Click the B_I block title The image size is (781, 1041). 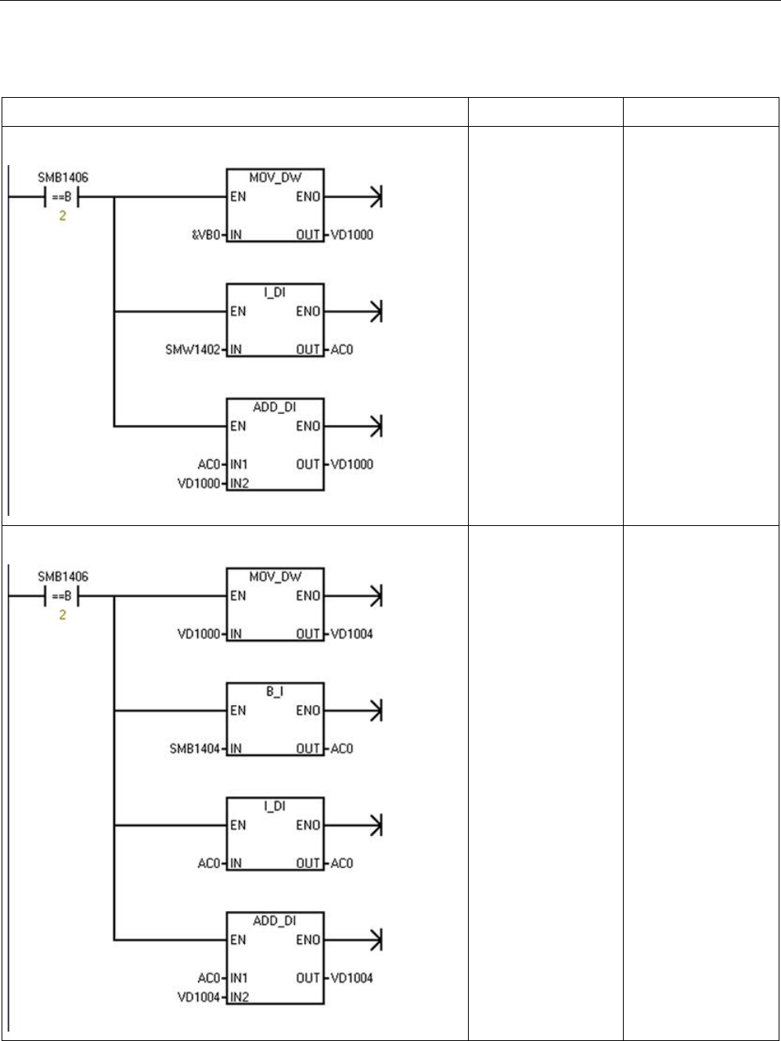tap(274, 693)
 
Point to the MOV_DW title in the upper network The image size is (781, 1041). tap(274, 178)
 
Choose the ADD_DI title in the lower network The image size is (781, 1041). tap(274, 921)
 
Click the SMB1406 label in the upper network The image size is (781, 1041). tap(63, 178)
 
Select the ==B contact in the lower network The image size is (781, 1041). tap(62, 596)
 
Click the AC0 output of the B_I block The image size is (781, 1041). tap(342, 748)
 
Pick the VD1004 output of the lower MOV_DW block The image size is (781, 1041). tap(351, 634)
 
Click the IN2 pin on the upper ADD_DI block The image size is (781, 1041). tap(239, 483)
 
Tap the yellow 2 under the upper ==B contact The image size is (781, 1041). tap(62, 215)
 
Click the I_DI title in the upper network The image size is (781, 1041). tap(274, 293)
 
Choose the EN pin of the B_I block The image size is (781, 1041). tap(237, 711)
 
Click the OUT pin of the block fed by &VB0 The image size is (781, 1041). tap(308, 235)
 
